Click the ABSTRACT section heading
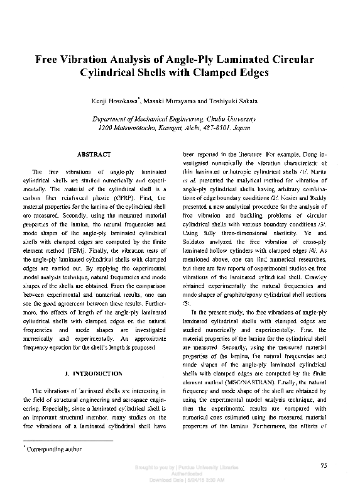click(94, 153)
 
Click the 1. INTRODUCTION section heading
click(94, 374)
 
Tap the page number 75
click(324, 466)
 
